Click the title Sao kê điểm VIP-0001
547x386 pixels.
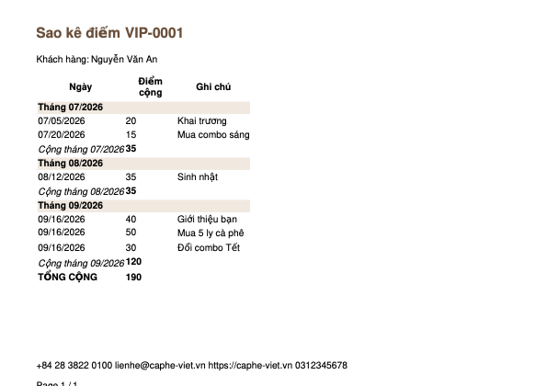(109, 33)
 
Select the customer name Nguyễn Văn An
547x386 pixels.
(124, 60)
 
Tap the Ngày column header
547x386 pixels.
(81, 86)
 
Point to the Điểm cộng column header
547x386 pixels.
(151, 86)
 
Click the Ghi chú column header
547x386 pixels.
(213, 86)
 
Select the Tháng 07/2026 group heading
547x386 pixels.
(71, 107)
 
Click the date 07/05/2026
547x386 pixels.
(62, 121)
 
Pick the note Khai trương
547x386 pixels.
(202, 121)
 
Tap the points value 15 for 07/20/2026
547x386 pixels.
(131, 134)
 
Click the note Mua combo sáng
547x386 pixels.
(213, 135)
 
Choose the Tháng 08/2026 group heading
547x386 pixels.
(71, 164)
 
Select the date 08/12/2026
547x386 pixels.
(62, 177)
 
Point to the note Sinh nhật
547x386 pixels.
(198, 177)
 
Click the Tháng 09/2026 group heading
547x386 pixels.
(71, 205)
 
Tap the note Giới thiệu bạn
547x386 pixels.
(207, 220)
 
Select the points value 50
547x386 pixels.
(131, 233)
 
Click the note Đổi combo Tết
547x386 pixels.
(209, 247)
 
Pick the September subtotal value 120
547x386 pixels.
(133, 262)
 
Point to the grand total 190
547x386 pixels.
(133, 278)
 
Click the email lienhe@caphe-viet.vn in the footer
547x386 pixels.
(160, 366)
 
